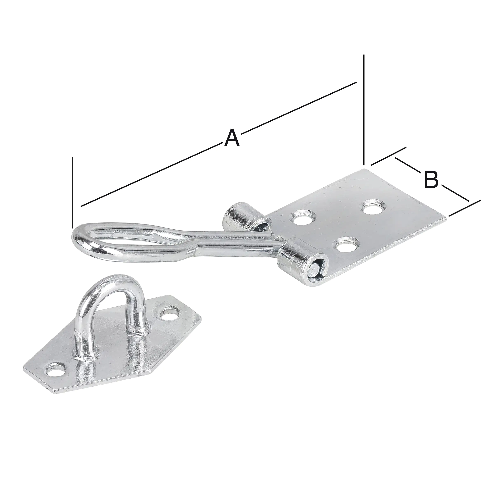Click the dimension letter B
(x=431, y=179)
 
